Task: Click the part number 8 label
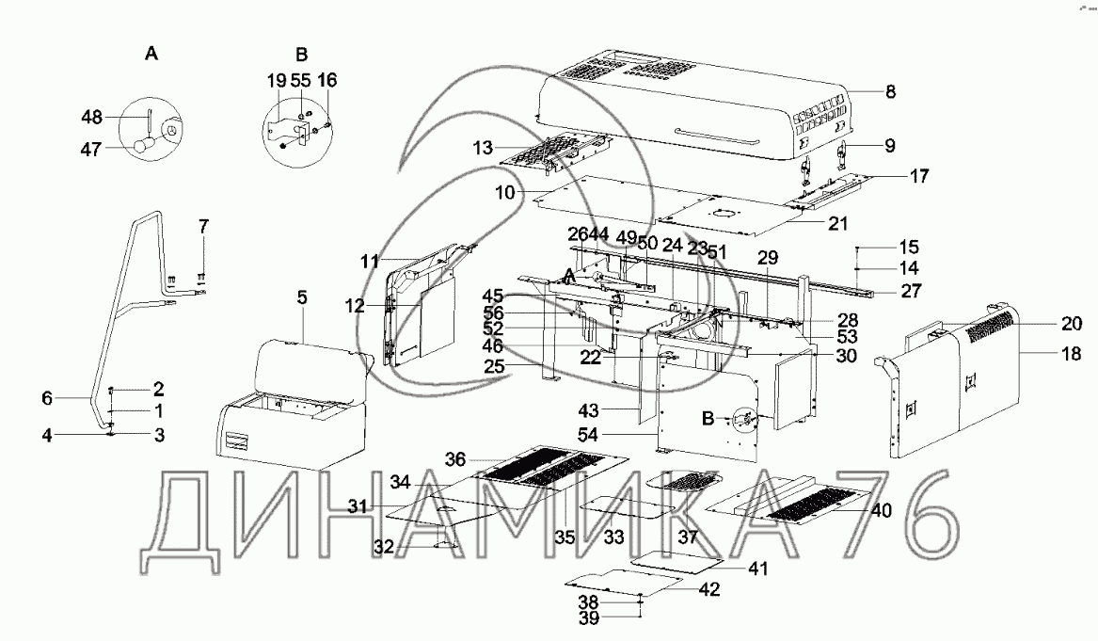click(890, 92)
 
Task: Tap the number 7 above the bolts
click(202, 226)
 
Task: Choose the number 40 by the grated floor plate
click(881, 511)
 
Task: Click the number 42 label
click(708, 589)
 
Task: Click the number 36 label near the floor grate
click(455, 459)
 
